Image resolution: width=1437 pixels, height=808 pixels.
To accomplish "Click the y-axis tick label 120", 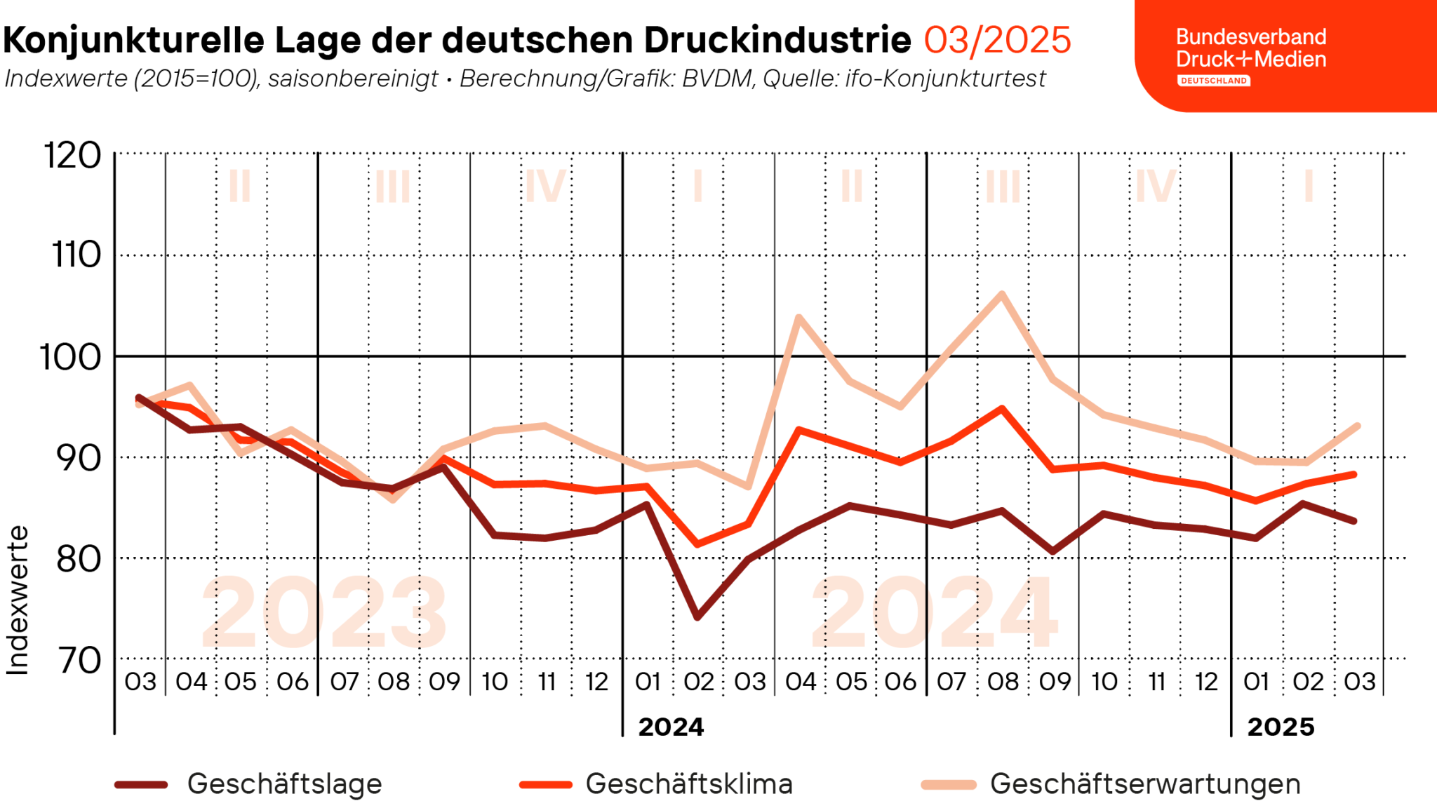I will (x=72, y=155).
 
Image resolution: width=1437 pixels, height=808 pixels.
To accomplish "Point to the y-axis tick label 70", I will (x=79, y=660).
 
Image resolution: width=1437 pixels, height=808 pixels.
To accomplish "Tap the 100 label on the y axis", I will (x=70, y=358).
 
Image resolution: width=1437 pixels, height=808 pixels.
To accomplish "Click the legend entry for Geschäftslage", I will (x=284, y=783).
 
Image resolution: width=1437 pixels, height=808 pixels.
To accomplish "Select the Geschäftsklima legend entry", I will (x=688, y=783).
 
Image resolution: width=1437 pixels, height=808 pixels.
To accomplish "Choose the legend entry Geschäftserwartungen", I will (x=1145, y=783).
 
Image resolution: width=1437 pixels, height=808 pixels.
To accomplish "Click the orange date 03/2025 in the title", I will (x=997, y=40).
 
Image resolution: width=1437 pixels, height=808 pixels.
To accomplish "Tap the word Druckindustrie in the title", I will (x=777, y=40).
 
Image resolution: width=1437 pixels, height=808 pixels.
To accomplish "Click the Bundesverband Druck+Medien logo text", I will (x=1251, y=48).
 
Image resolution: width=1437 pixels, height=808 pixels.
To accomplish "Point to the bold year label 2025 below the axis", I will (x=1281, y=727).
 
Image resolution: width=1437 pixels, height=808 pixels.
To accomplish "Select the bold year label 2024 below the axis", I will (x=671, y=727).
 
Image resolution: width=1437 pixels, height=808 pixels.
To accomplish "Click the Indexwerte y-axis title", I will (x=18, y=600).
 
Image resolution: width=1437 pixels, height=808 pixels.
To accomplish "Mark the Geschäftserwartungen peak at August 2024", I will (x=1002, y=294).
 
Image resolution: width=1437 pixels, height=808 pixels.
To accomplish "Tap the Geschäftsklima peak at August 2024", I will (x=1002, y=408).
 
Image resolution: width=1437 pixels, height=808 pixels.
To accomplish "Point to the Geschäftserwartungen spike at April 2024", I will (x=799, y=317).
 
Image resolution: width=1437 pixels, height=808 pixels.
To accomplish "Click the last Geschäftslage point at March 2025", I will (x=1355, y=521).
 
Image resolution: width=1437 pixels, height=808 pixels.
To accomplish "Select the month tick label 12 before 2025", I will (x=1206, y=682).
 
